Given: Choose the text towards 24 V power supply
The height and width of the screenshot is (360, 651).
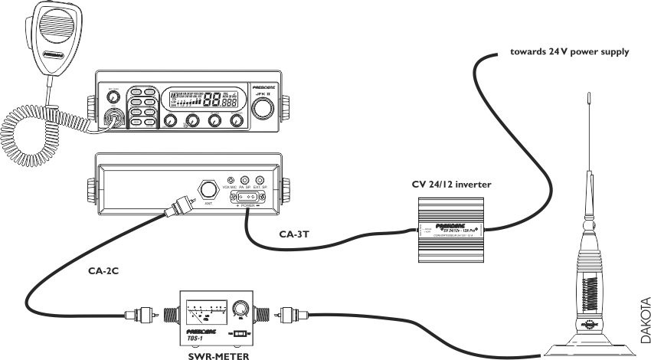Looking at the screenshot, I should click(x=570, y=53).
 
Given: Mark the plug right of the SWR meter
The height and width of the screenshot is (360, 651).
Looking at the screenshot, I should click(x=290, y=314).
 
